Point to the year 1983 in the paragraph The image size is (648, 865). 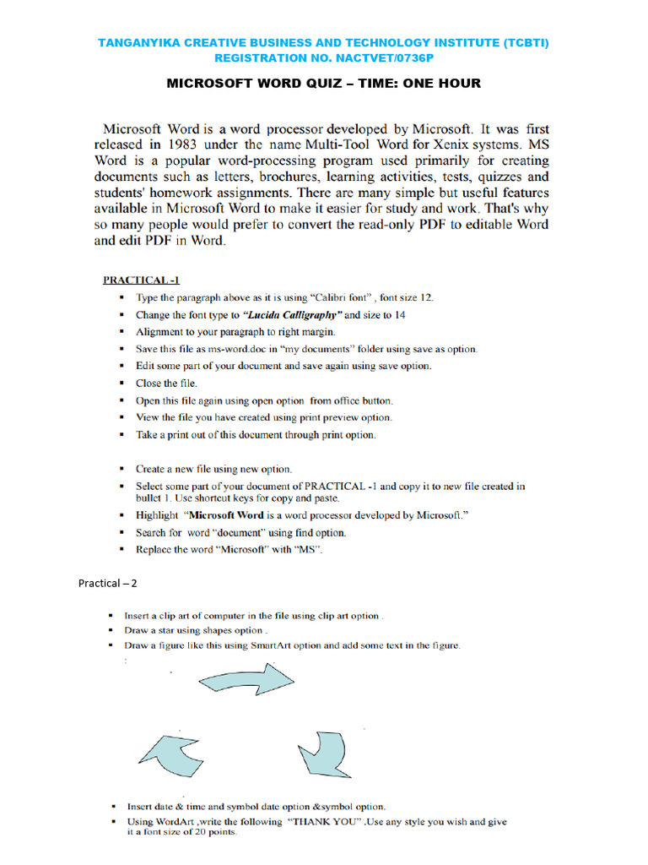(x=196, y=145)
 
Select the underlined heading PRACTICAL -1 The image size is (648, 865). (x=141, y=280)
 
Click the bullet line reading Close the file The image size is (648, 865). (x=166, y=383)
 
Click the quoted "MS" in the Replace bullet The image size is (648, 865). (x=308, y=550)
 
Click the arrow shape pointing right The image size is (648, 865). (x=246, y=681)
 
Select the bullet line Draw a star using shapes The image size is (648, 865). (x=196, y=631)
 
